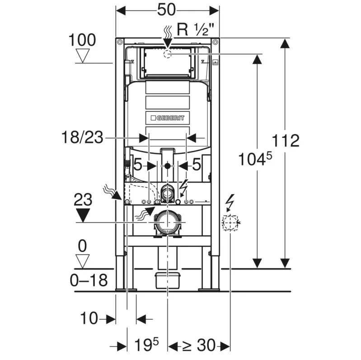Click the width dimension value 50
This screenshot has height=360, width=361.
[166, 10]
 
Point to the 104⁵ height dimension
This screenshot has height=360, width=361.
[255, 159]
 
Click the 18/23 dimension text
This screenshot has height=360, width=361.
[82, 137]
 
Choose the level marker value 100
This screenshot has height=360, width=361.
[82, 40]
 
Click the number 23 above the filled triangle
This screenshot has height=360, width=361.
[83, 199]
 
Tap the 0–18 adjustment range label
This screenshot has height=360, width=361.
[89, 280]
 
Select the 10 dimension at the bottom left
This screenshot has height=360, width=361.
[89, 318]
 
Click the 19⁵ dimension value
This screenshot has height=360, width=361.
[146, 345]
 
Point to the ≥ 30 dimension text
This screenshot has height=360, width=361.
[199, 345]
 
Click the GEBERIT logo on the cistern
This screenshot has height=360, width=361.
[168, 118]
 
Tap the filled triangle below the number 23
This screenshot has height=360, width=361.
[83, 215]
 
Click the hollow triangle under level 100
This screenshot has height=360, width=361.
[83, 56]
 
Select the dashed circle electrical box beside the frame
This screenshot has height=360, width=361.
[230, 223]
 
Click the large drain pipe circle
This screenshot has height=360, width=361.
[168, 223]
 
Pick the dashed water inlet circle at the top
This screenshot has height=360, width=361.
[168, 54]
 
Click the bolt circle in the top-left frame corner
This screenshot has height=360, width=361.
[120, 42]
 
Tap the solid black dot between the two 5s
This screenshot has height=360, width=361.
[167, 166]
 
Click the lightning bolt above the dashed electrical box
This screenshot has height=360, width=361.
[230, 203]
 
